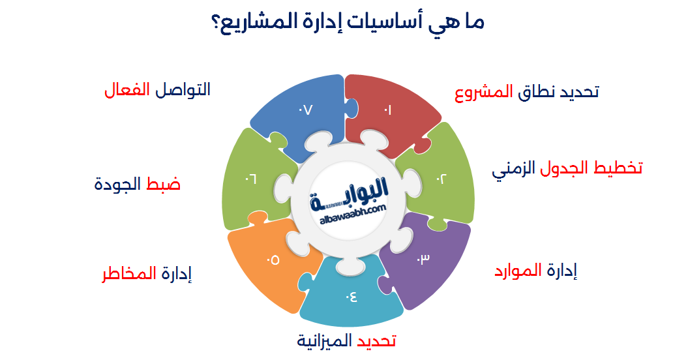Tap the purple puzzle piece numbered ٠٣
point(425,261)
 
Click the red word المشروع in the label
point(483,92)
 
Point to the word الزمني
point(515,168)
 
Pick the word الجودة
point(117,185)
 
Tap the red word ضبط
point(164,185)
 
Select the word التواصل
point(183,89)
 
